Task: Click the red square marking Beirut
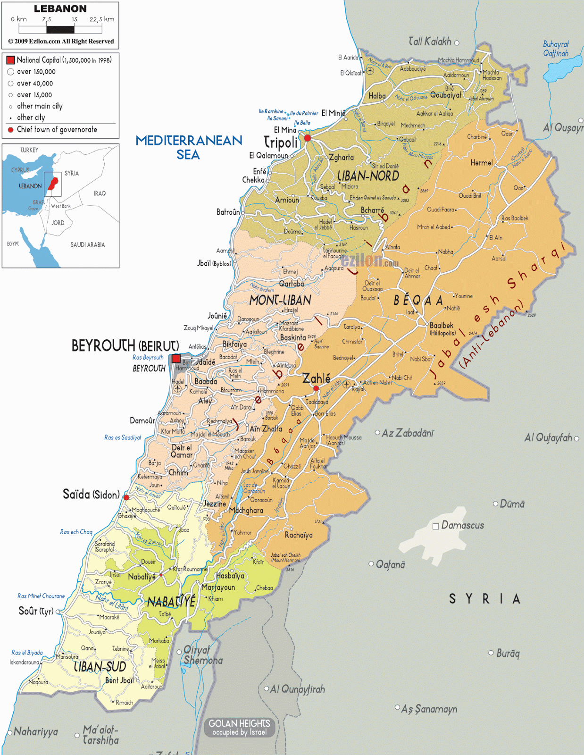[176, 359]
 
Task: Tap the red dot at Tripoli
[308, 138]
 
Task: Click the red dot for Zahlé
[316, 388]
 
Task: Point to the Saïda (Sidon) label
[91, 495]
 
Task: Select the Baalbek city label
[442, 326]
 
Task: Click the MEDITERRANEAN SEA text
[189, 147]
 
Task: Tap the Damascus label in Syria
[462, 525]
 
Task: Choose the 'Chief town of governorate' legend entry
[57, 130]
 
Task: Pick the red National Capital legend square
[10, 60]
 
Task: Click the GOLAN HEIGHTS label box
[239, 727]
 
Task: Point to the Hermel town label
[481, 163]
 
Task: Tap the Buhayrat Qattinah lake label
[556, 49]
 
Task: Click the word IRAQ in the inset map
[100, 193]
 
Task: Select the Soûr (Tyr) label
[35, 611]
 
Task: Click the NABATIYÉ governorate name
[171, 602]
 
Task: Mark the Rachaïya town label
[299, 535]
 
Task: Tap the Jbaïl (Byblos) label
[214, 263]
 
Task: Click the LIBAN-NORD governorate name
[368, 176]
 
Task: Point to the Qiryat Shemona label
[203, 655]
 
